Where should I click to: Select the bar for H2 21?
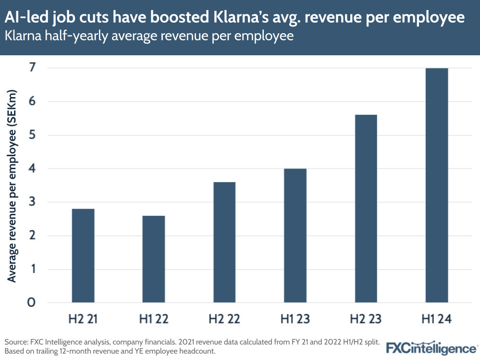[x=83, y=256]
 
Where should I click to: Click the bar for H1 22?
[x=154, y=259]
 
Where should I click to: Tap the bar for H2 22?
[x=224, y=242]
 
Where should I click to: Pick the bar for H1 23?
[x=295, y=236]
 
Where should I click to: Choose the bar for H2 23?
[x=366, y=209]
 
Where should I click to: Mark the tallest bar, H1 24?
[x=437, y=186]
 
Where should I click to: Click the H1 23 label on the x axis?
[x=295, y=319]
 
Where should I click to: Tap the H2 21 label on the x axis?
[x=83, y=319]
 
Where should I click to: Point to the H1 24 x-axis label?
[x=437, y=319]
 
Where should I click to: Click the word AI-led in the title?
[x=27, y=17]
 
